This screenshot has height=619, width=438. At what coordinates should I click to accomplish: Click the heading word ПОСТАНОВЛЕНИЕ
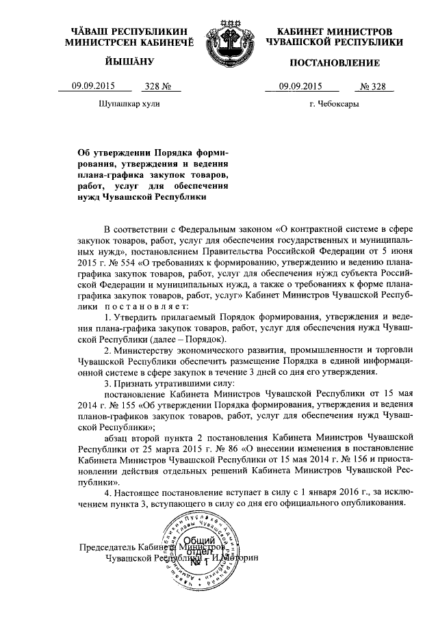pos(335,64)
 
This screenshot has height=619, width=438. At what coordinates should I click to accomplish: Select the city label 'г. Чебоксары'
pos(334,105)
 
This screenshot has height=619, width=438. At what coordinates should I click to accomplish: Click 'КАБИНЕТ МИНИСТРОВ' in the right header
pos(335,32)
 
